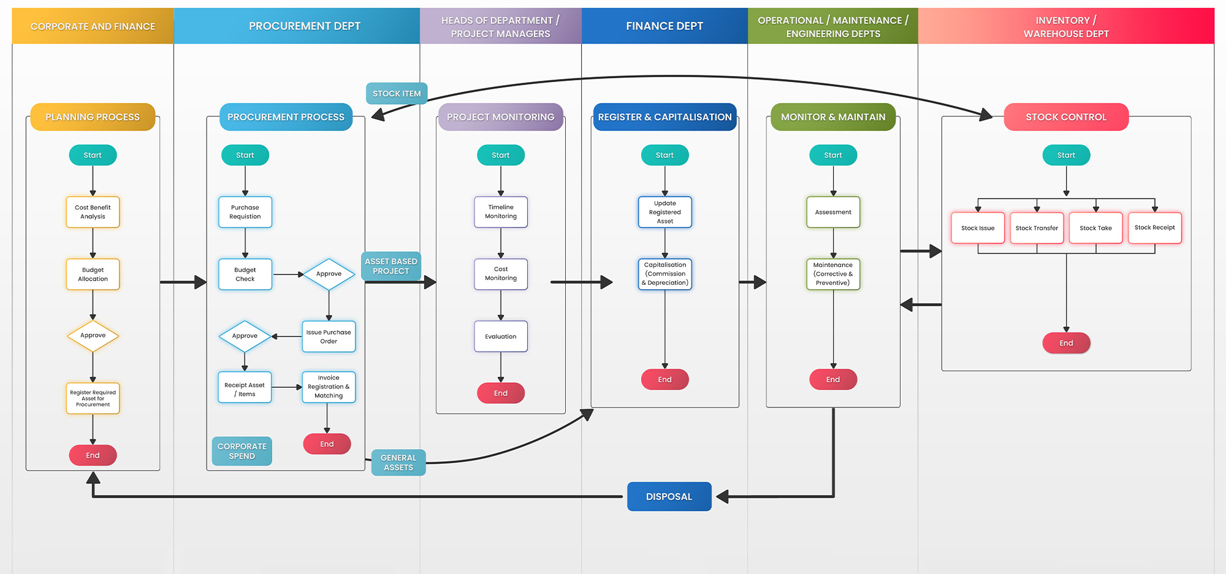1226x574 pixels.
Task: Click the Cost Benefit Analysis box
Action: tap(93, 212)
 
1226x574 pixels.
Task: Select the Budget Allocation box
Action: tap(93, 274)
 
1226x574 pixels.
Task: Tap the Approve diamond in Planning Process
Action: tap(93, 336)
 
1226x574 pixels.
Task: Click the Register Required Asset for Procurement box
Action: tap(93, 399)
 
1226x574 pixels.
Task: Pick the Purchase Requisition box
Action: tap(245, 212)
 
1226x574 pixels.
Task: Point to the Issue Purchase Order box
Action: tap(329, 337)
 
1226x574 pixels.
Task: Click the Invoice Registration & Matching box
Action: tap(329, 387)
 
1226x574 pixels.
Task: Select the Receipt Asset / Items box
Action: tap(245, 388)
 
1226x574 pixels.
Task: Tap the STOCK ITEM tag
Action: tap(397, 94)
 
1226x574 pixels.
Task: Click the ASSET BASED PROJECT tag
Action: tap(391, 266)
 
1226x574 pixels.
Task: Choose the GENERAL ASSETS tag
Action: tap(398, 463)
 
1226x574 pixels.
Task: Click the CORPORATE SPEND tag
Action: tap(242, 451)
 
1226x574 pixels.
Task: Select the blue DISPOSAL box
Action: tap(669, 497)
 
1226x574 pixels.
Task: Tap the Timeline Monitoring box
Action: tap(501, 212)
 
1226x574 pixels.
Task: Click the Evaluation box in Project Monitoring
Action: tap(501, 337)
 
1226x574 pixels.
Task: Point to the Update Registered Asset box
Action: tap(664, 213)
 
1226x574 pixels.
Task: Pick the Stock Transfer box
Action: tap(1037, 228)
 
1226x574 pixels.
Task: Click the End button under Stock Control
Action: tap(1066, 343)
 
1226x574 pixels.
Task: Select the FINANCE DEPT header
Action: tap(664, 26)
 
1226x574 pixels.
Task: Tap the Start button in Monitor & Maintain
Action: tap(832, 156)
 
